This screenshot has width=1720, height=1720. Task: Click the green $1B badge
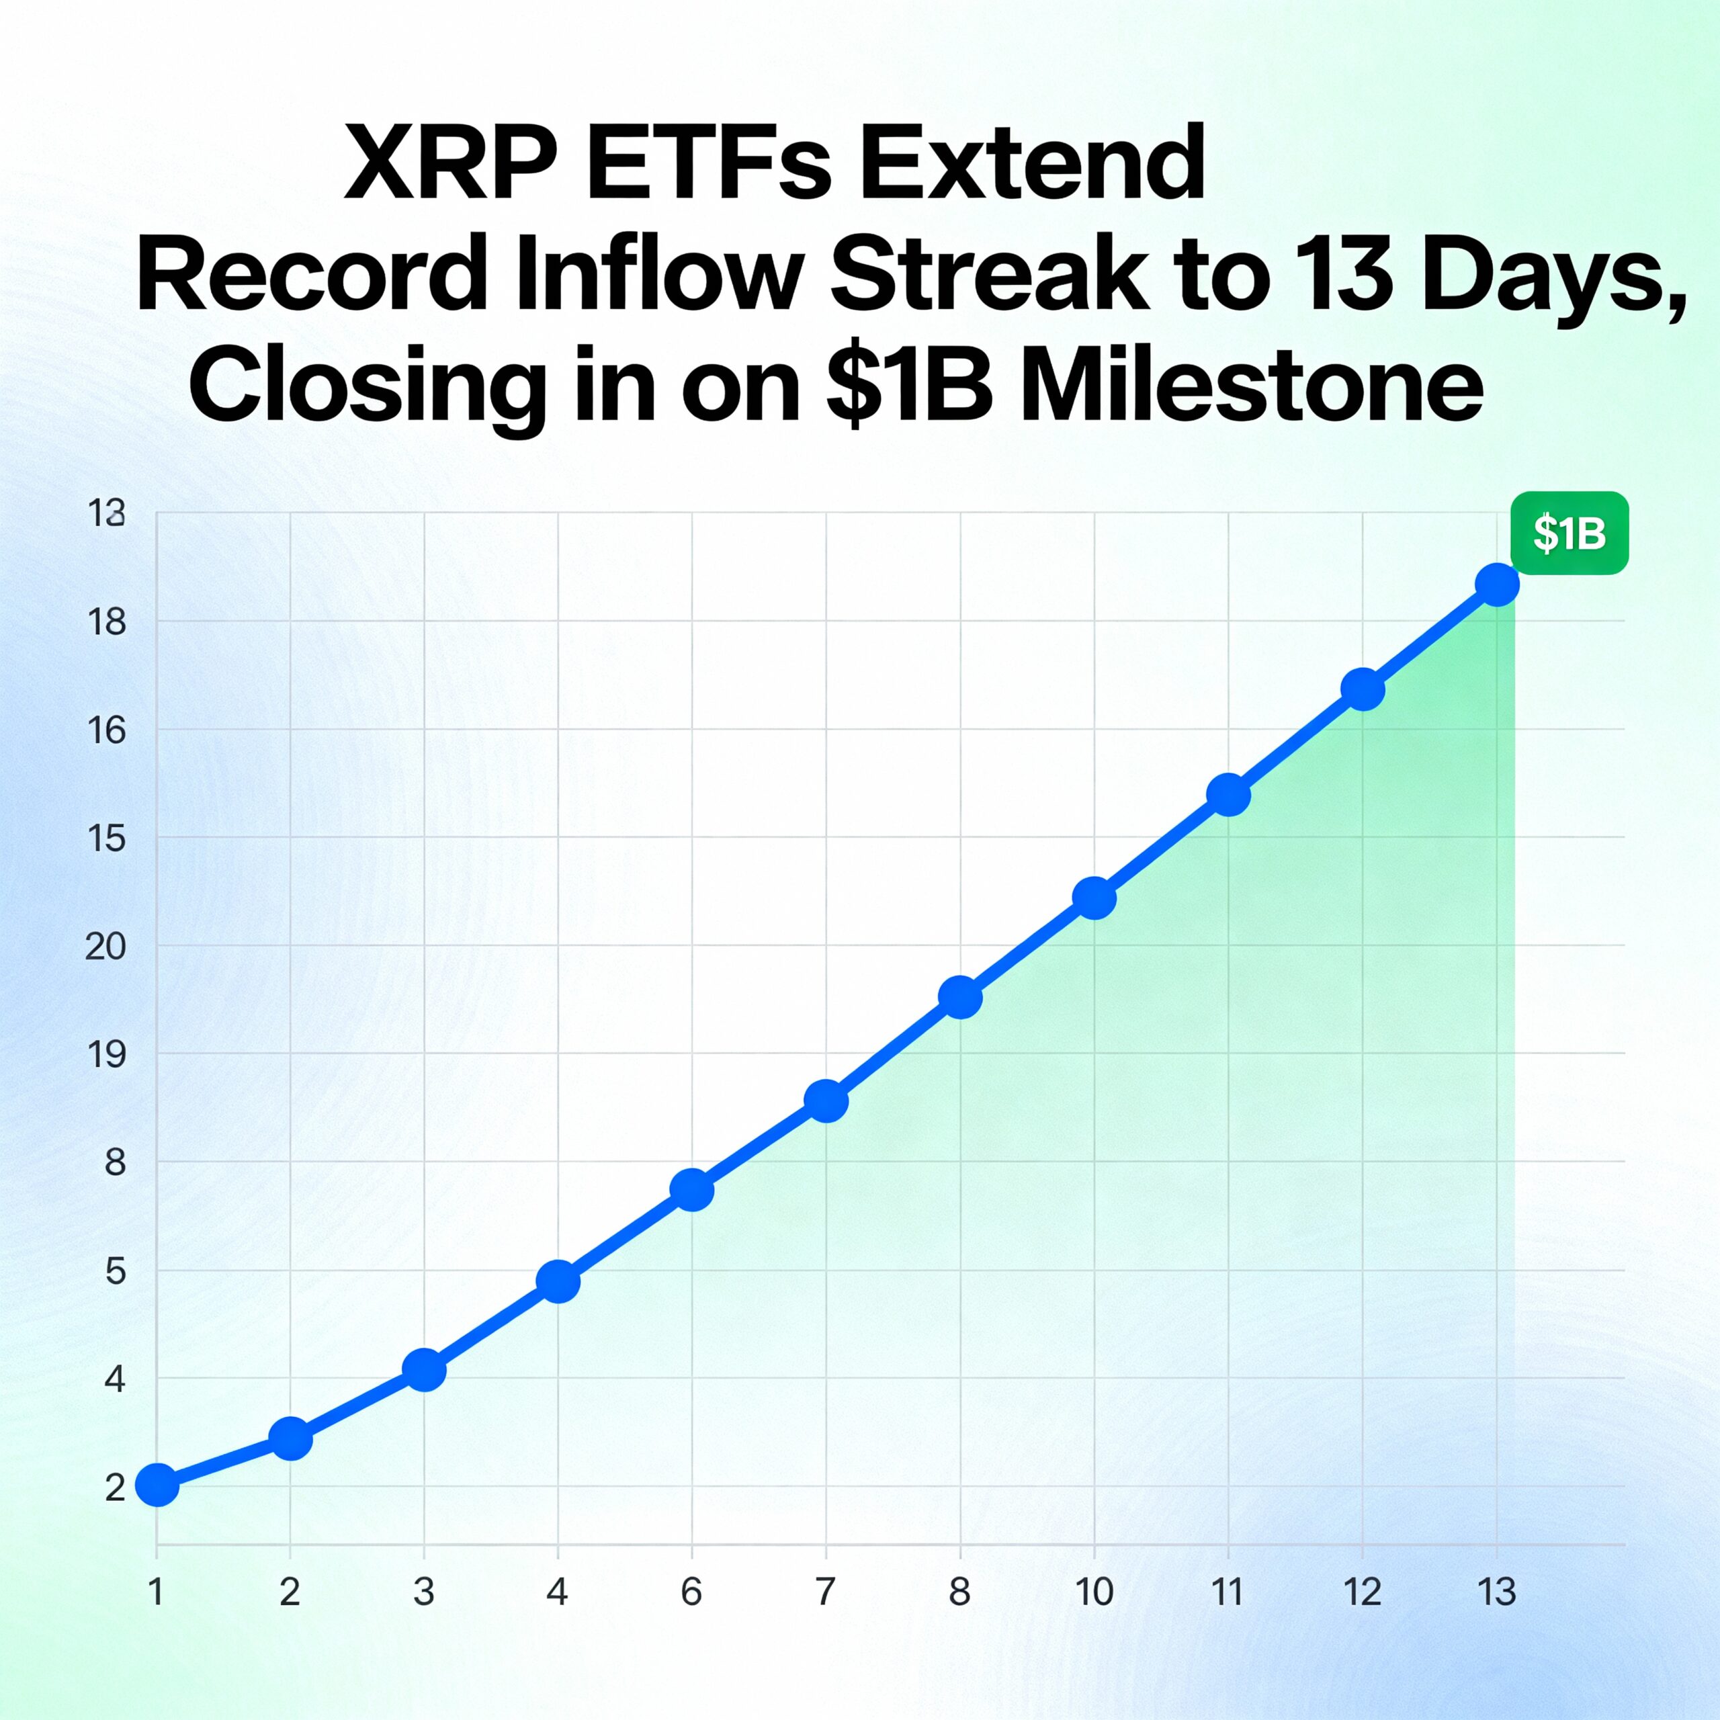pyautogui.click(x=1569, y=533)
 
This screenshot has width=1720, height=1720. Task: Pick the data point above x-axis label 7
pyautogui.click(x=826, y=1101)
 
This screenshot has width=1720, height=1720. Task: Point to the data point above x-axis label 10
pyautogui.click(x=1094, y=898)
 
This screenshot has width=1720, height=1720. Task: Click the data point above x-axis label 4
pyautogui.click(x=558, y=1282)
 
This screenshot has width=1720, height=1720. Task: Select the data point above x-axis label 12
pyautogui.click(x=1362, y=690)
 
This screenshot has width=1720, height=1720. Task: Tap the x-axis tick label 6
pyautogui.click(x=692, y=1591)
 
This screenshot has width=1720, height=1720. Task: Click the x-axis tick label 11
pyautogui.click(x=1228, y=1591)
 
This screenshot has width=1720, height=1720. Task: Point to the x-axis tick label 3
pyautogui.click(x=424, y=1591)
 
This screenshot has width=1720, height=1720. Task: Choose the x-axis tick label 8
pyautogui.click(x=959, y=1591)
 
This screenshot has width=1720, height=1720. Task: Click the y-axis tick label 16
pyautogui.click(x=107, y=731)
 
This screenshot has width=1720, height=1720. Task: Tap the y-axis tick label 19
pyautogui.click(x=107, y=1055)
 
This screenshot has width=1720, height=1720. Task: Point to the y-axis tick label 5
pyautogui.click(x=116, y=1271)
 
